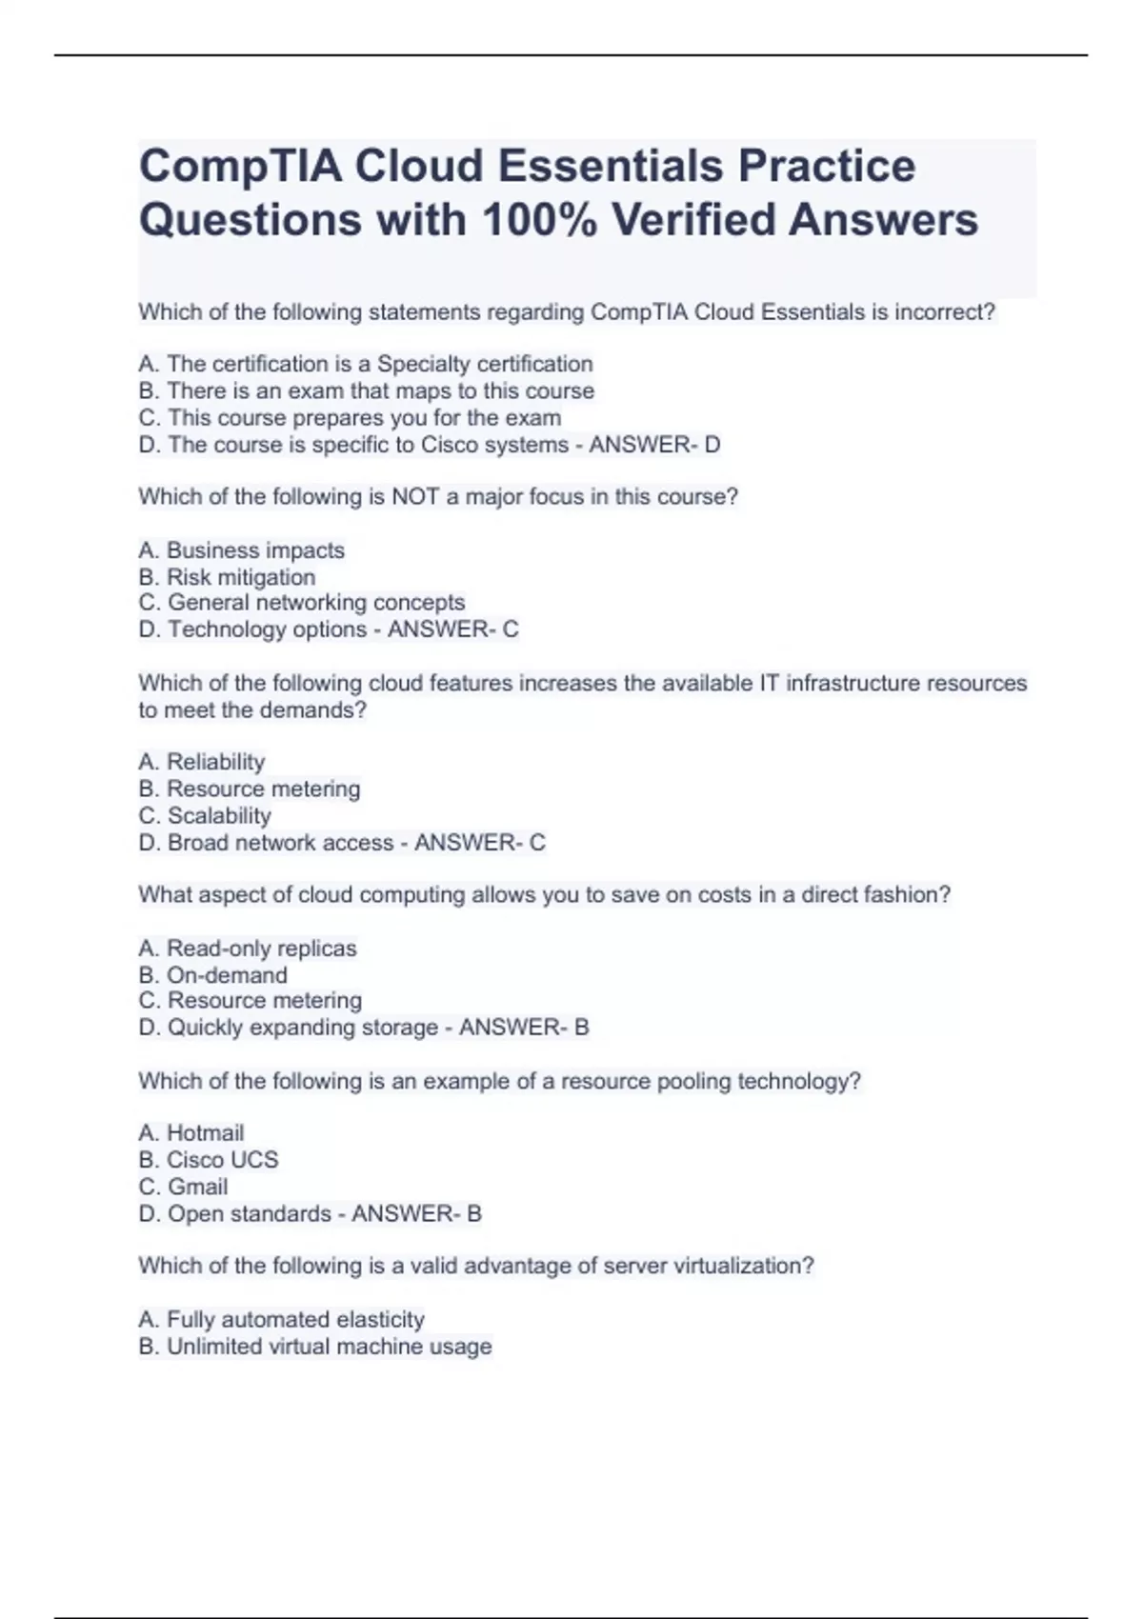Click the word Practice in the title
pos(827,167)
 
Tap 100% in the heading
pos(539,220)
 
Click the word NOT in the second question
pos(415,497)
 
